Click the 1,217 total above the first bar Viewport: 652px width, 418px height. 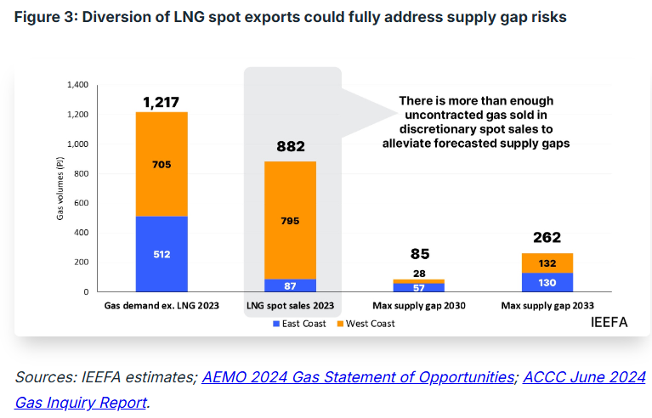162,103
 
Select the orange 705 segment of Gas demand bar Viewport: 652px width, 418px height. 162,163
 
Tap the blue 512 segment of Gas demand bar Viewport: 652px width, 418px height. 162,253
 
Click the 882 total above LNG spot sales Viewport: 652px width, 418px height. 291,147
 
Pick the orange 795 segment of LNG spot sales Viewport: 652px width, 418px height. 291,220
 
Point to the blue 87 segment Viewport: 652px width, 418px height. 291,285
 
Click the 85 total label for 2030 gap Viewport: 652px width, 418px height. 420,253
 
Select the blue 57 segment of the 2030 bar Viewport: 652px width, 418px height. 420,288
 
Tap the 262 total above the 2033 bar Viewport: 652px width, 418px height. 547,237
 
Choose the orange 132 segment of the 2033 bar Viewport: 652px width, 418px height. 547,263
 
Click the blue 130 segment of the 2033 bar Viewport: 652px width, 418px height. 547,282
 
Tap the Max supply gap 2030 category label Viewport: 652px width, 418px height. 420,305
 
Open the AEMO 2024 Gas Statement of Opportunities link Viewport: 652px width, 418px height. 357,377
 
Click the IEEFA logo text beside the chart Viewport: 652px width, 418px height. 608,323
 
